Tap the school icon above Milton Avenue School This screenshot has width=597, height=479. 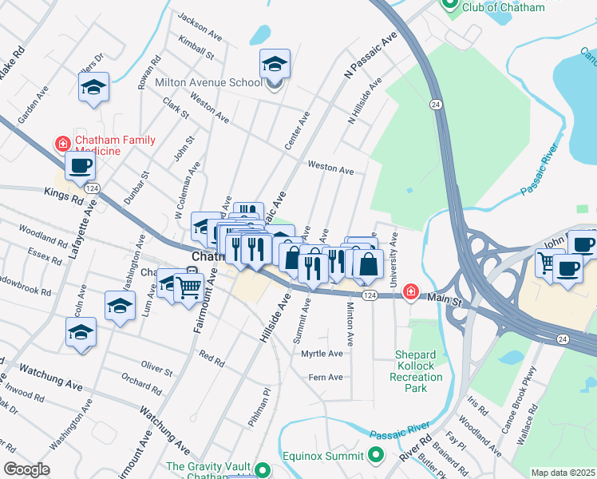point(275,63)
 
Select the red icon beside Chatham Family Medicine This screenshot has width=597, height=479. point(61,144)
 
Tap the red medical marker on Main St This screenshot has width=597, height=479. point(410,293)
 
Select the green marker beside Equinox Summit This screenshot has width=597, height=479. point(376,456)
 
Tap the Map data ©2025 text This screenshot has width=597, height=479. point(563,473)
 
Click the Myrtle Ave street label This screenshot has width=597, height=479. point(322,353)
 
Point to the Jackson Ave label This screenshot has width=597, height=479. point(200,26)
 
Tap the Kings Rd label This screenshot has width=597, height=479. point(65,196)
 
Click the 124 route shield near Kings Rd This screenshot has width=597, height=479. point(93,188)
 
